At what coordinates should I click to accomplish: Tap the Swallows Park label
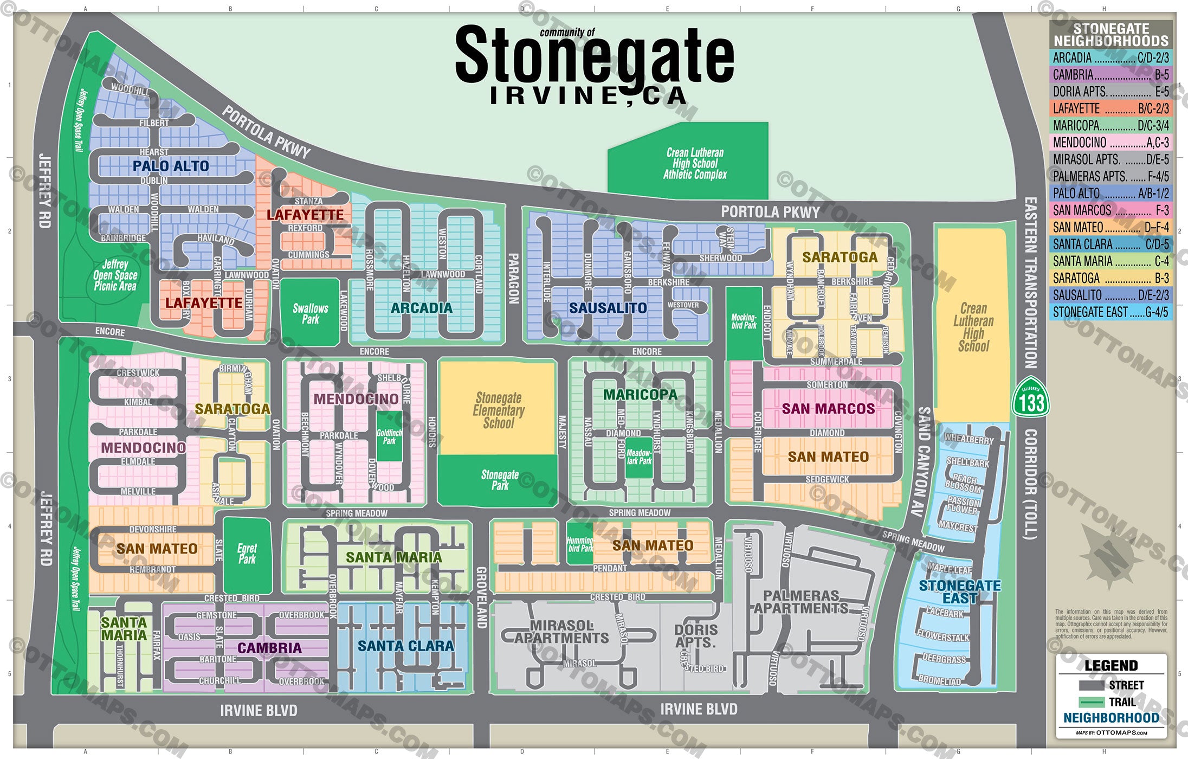[x=311, y=313]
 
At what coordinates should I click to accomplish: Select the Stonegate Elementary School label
[x=499, y=410]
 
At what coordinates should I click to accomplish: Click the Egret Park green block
[x=247, y=554]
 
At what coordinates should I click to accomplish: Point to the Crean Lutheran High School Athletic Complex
[x=695, y=163]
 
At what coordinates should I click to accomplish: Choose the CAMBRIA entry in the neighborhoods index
[x=1110, y=74]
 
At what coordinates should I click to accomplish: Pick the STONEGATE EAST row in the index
[x=1110, y=312]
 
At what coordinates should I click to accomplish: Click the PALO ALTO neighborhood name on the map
[x=171, y=166]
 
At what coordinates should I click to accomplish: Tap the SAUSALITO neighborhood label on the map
[x=608, y=308]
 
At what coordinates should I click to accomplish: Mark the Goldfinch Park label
[x=389, y=436]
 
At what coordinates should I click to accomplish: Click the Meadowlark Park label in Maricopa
[x=639, y=457]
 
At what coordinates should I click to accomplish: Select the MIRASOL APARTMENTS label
[x=561, y=632]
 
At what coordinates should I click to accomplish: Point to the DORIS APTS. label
[x=696, y=636]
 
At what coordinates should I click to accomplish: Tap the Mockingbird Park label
[x=744, y=321]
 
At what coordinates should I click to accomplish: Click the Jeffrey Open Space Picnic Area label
[x=115, y=275]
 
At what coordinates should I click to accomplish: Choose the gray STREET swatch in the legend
[x=1091, y=685]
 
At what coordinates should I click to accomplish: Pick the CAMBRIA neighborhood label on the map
[x=269, y=648]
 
